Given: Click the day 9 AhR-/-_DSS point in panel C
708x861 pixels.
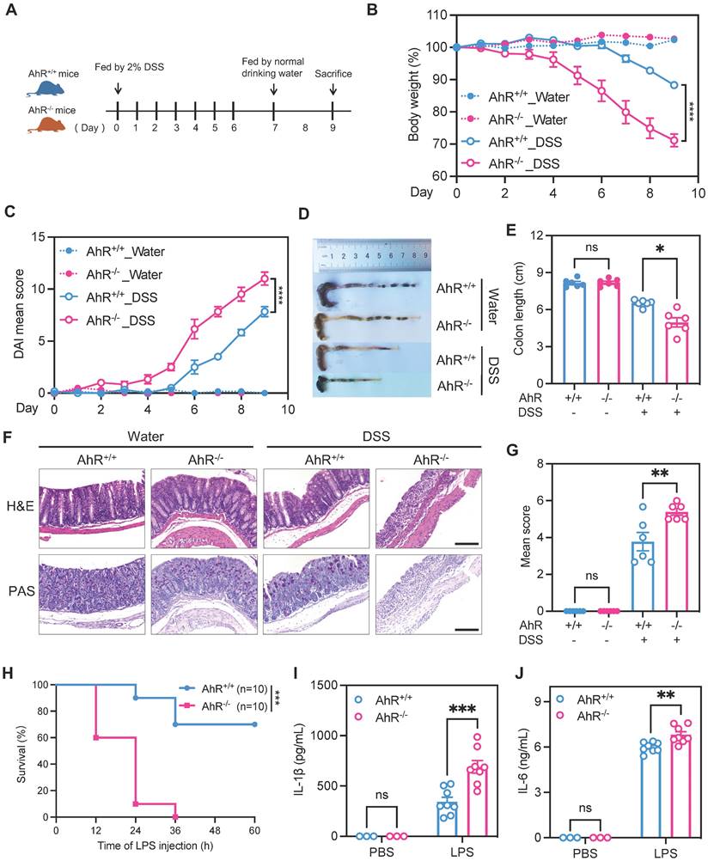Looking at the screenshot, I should click(265, 278).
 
